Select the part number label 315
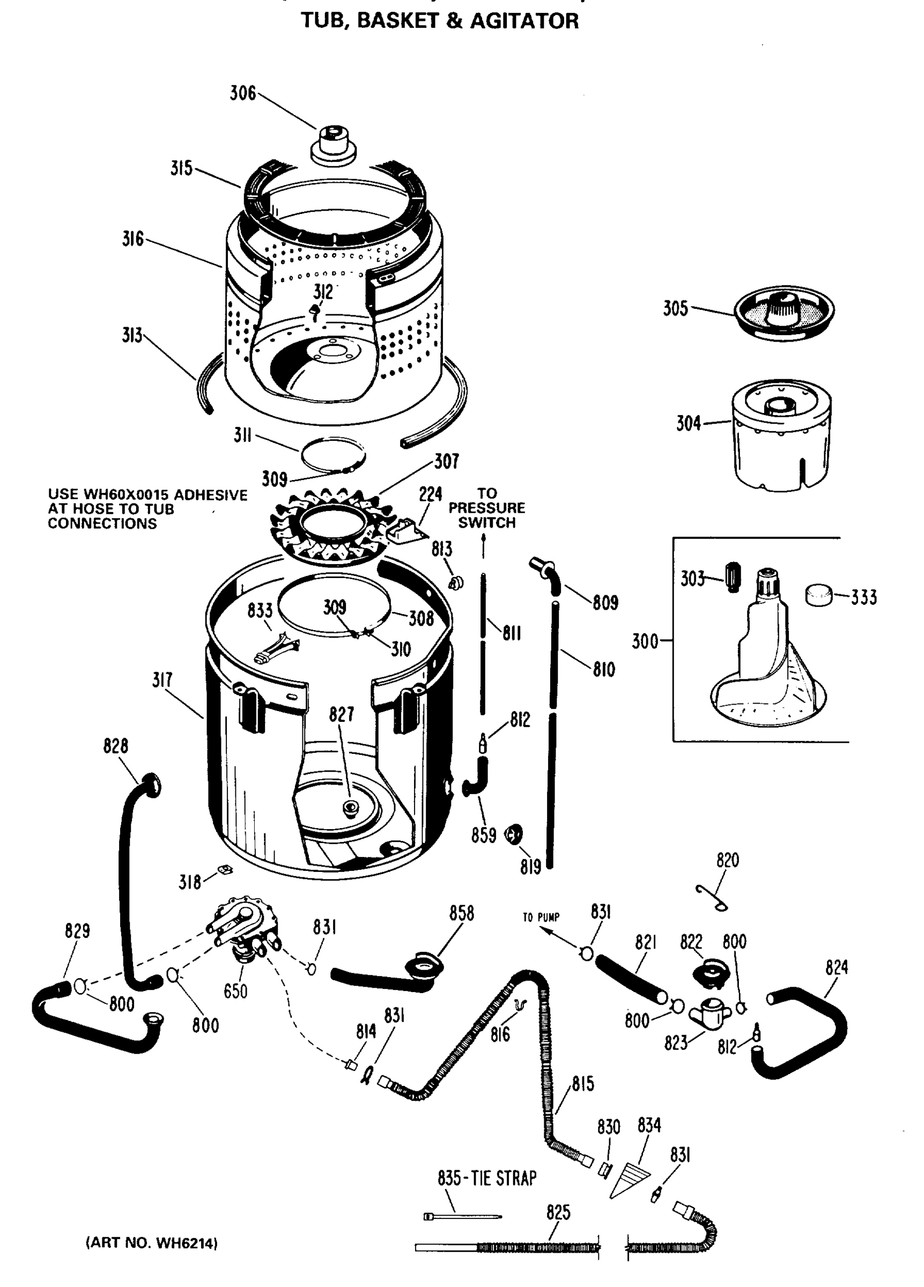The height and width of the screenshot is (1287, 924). [x=181, y=168]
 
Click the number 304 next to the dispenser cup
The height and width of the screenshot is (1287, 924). [x=688, y=423]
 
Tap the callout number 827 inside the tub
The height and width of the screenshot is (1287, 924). [x=341, y=714]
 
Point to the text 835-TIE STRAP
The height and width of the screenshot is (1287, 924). [x=486, y=1179]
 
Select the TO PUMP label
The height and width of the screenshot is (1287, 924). [x=541, y=918]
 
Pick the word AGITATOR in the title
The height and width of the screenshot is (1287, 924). [x=524, y=21]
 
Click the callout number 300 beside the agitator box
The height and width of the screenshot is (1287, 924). [x=645, y=642]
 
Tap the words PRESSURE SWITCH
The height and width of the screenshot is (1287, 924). [x=486, y=515]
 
